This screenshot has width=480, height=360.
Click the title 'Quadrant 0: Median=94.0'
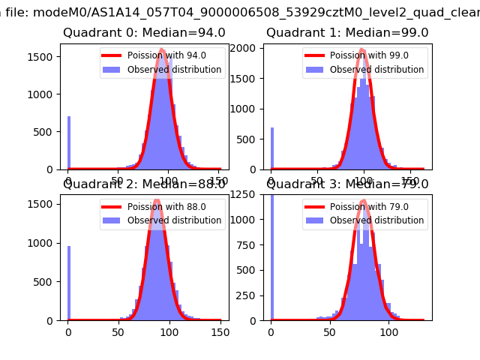pyautogui.click(x=144, y=33)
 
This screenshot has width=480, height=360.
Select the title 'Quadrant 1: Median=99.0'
pyautogui.click(x=347, y=33)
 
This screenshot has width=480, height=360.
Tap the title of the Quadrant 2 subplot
pyautogui.click(x=144, y=184)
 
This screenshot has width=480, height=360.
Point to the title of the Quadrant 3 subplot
pyautogui.click(x=347, y=184)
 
